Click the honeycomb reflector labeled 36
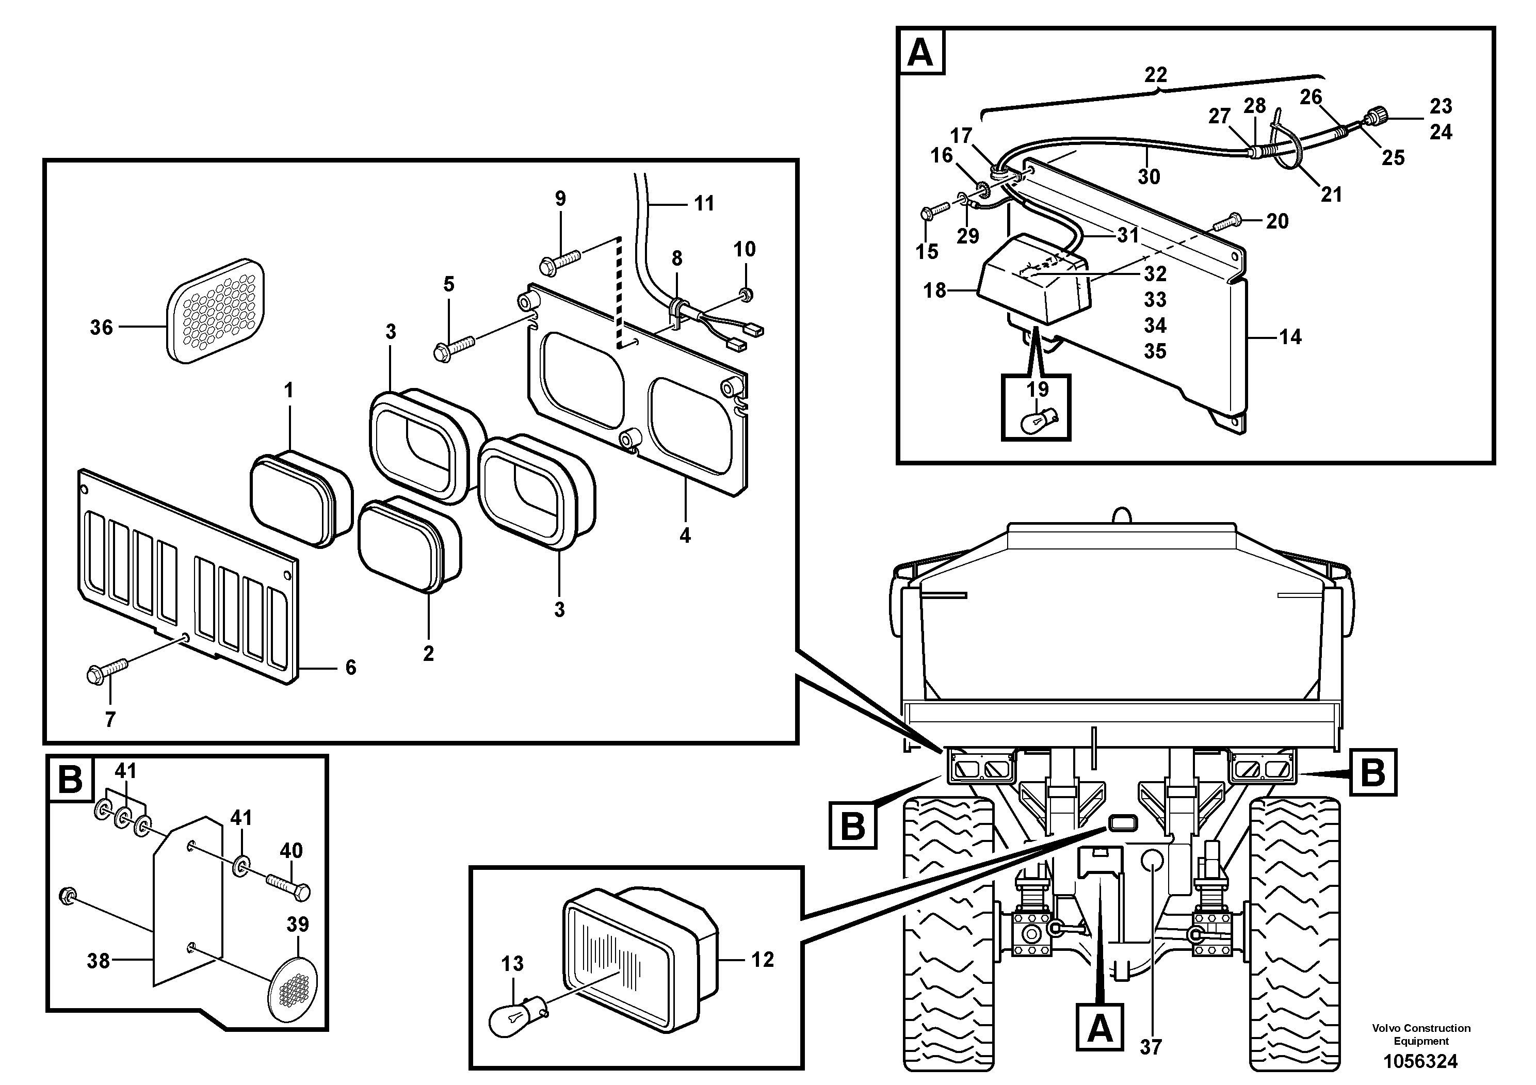point(216,312)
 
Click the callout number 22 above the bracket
point(1155,74)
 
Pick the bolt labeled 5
point(455,348)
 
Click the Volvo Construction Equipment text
point(1421,1034)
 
